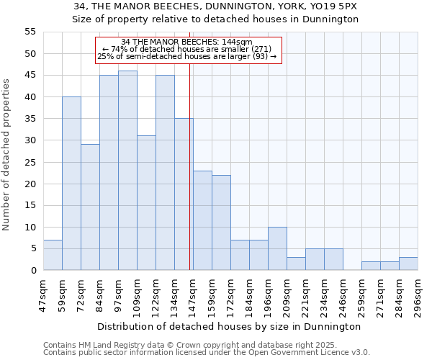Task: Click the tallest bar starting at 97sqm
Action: coord(127,171)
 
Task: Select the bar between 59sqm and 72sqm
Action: coord(71,184)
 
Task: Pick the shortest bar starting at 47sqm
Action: coord(53,255)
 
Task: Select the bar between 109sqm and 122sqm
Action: coord(146,203)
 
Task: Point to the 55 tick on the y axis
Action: coord(30,32)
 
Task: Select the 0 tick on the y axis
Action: coord(32,270)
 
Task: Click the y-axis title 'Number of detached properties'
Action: coord(7,155)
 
